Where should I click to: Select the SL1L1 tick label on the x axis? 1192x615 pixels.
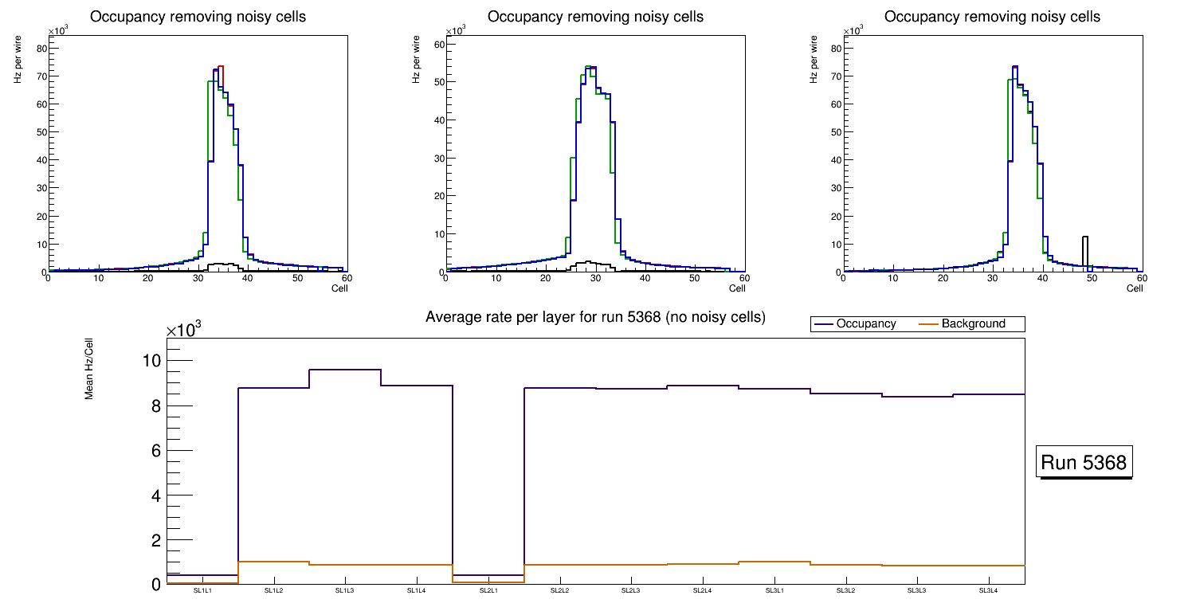pos(202,591)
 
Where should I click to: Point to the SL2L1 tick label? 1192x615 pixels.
pos(488,591)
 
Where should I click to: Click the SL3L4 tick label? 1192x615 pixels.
pos(989,591)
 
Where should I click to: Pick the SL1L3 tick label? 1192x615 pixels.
pos(345,591)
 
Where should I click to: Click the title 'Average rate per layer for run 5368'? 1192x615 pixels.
pos(595,317)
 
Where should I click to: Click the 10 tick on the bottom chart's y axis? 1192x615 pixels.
pos(151,361)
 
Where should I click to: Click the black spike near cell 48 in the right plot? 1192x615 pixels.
pos(1085,251)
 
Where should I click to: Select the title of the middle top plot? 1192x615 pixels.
pos(595,17)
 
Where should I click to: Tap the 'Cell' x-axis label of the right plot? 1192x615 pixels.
pos(1135,288)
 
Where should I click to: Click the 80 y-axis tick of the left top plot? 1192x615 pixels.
pos(41,49)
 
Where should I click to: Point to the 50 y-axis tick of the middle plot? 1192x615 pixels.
pos(438,82)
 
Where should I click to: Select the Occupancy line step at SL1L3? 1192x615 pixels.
pos(345,370)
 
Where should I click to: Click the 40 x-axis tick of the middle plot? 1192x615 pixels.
pos(645,278)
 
